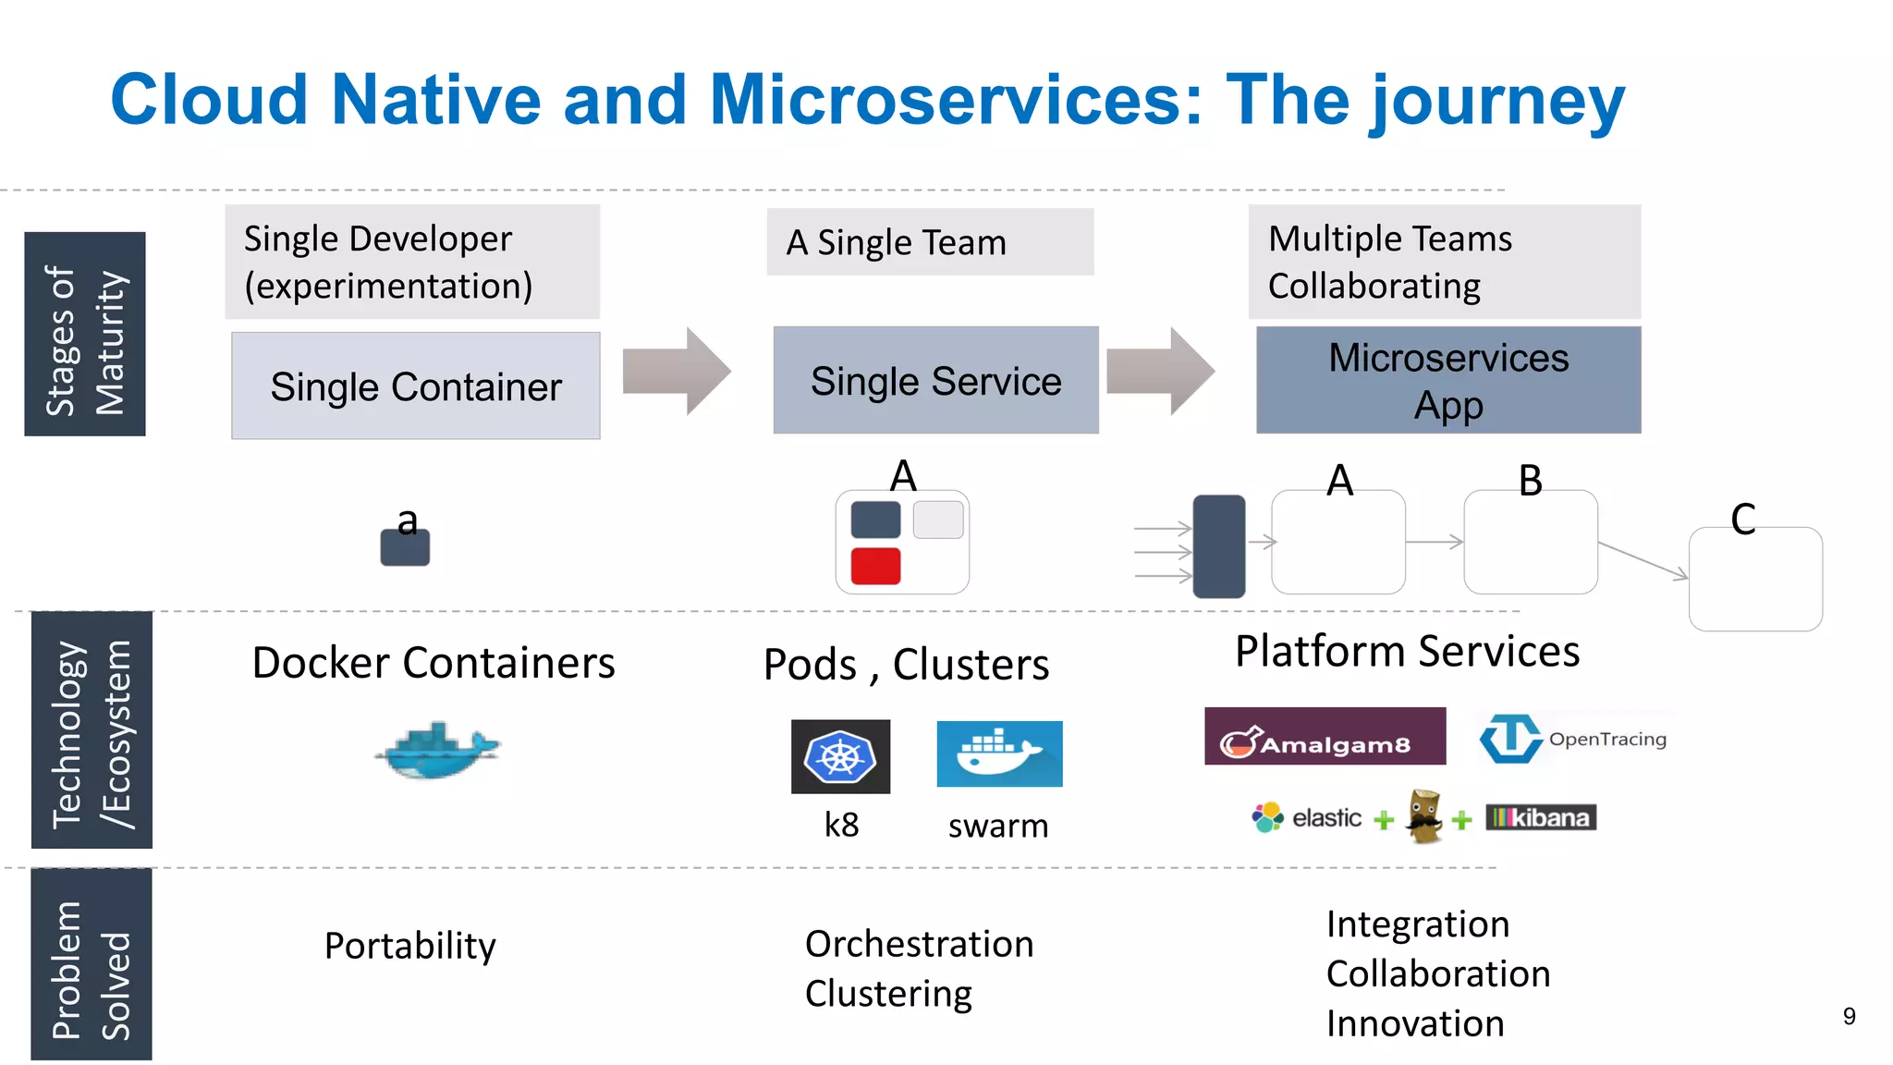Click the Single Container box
point(415,386)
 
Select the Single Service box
point(935,380)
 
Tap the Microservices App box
point(1447,380)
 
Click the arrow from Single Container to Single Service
point(677,372)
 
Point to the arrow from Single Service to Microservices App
point(1160,372)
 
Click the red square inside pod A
point(875,566)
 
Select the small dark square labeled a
point(405,546)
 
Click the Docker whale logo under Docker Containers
point(437,750)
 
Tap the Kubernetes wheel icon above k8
point(840,757)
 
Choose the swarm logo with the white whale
point(999,754)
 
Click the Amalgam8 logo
point(1325,737)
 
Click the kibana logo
point(1541,817)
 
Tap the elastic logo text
point(1325,818)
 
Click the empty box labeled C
point(1754,581)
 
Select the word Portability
point(410,946)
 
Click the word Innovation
point(1415,1023)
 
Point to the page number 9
point(1849,1016)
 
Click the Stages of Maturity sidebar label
point(84,335)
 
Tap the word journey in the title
point(1497,102)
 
